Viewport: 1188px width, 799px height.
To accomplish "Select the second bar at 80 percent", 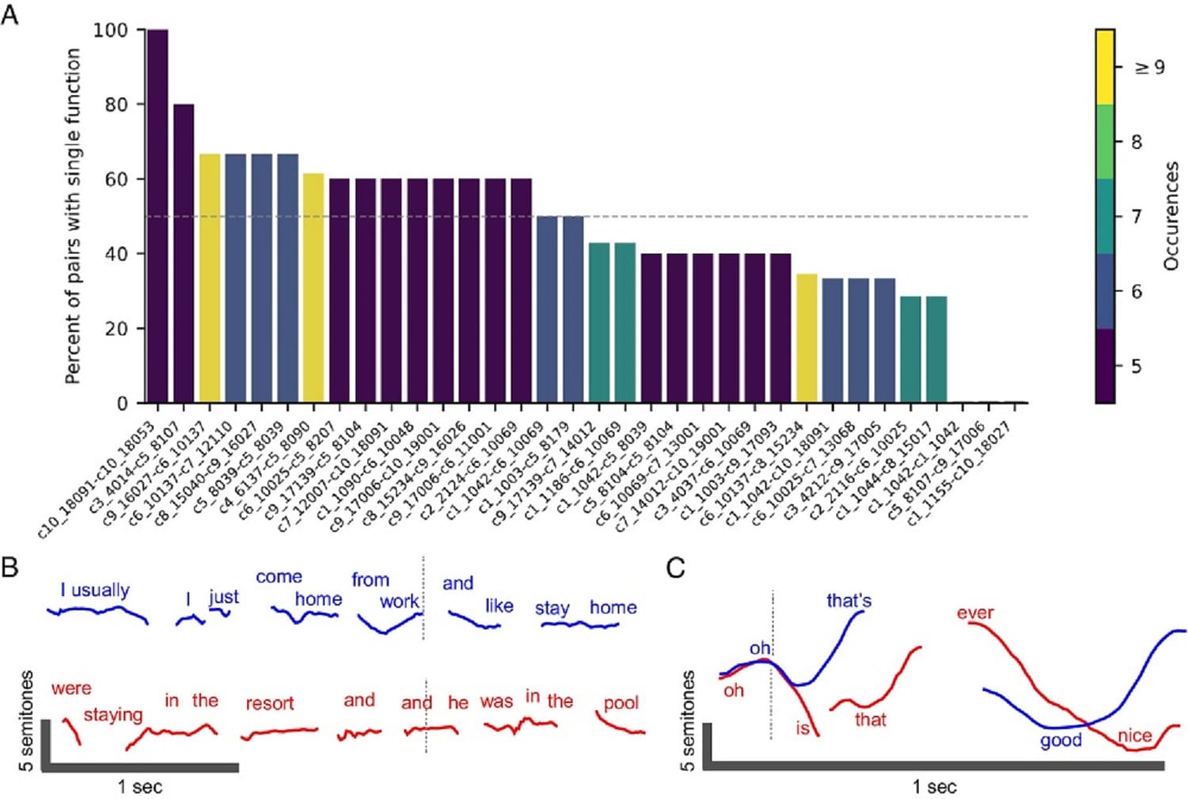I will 184,254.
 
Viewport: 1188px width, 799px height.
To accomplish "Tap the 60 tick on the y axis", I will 116,179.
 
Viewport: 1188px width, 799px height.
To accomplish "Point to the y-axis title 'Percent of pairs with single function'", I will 73,216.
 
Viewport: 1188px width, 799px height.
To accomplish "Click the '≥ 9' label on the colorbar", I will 1150,67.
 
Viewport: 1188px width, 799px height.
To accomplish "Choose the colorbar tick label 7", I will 1137,216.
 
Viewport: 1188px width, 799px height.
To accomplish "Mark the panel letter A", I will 10,15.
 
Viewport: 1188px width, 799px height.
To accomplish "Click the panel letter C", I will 676,568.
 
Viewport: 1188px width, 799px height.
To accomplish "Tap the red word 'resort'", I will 269,704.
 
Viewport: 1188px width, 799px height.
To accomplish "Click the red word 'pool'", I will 621,703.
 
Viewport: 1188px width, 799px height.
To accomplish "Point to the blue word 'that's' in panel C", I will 848,601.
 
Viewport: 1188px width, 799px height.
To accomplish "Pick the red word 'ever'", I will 975,613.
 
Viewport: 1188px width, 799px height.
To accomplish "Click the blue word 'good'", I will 1060,740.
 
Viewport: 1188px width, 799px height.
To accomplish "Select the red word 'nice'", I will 1134,736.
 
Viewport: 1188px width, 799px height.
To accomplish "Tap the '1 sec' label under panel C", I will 934,787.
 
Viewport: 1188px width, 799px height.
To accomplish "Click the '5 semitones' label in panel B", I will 25,721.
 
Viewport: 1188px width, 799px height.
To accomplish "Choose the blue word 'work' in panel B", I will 399,602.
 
